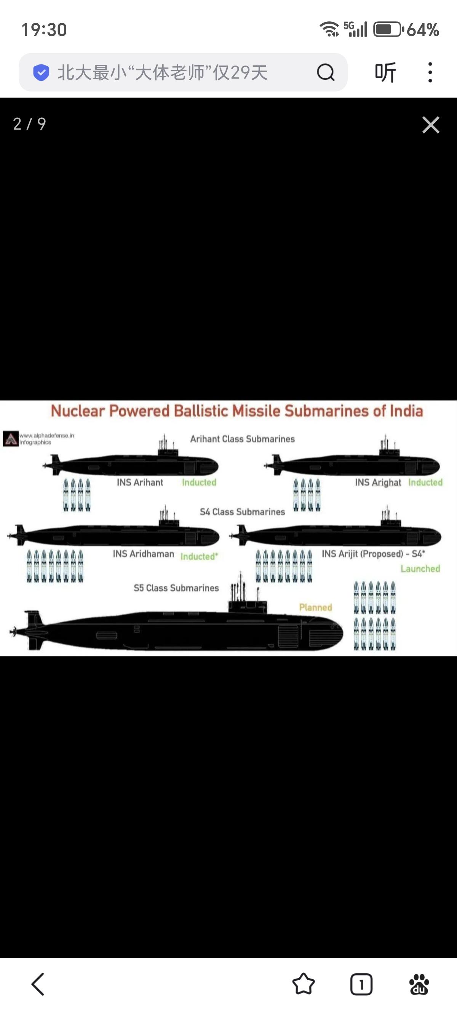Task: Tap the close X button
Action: tap(431, 125)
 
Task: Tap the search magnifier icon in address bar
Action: tap(325, 72)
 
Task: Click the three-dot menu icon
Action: tap(430, 72)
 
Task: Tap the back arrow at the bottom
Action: tap(38, 984)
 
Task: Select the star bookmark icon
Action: tap(304, 984)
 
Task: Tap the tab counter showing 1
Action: tap(361, 984)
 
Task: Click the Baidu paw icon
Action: tap(419, 984)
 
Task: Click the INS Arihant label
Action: tap(140, 482)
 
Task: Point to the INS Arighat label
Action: tap(378, 482)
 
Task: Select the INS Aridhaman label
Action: tap(144, 554)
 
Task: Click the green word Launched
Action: tap(420, 569)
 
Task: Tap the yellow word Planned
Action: tap(315, 608)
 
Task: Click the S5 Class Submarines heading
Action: tap(176, 588)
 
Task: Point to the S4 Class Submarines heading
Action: tap(242, 512)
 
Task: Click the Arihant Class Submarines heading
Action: tap(242, 439)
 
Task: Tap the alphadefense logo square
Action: tap(11, 439)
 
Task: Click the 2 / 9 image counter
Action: tap(29, 124)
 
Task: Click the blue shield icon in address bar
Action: tap(41, 72)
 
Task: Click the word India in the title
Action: tap(406, 411)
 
